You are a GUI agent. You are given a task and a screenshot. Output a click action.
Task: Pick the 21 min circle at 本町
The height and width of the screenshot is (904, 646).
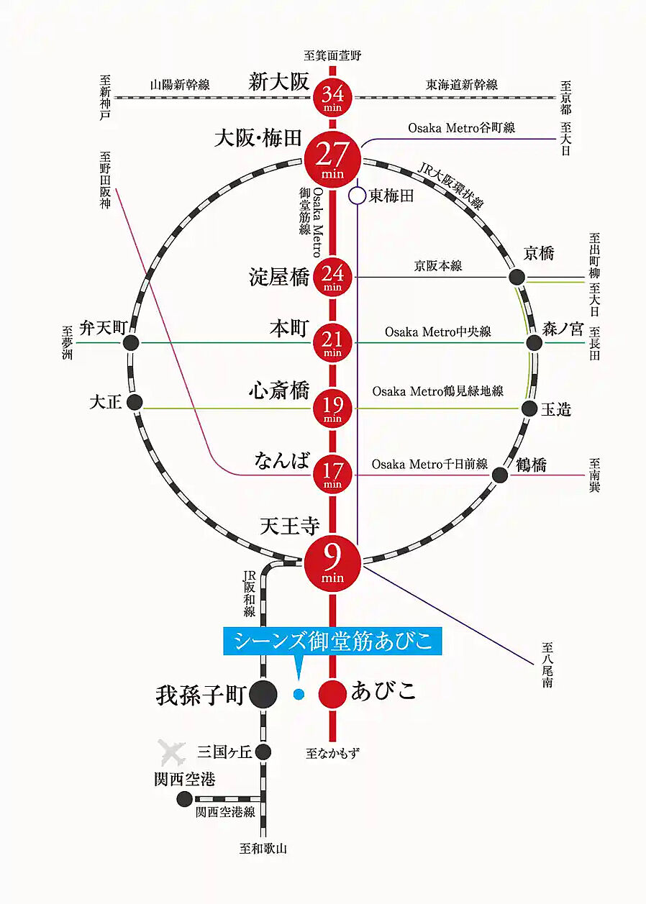point(332,343)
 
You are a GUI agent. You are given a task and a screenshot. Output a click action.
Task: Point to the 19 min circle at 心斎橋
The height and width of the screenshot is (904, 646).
point(332,408)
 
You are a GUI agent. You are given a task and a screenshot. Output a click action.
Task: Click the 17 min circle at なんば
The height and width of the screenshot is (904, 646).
point(332,474)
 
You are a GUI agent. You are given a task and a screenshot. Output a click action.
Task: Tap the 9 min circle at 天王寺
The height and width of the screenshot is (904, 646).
point(332,565)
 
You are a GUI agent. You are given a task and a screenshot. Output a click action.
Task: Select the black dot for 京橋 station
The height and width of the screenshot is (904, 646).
point(517,277)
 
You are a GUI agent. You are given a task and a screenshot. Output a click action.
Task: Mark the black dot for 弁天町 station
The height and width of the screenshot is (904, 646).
point(131,343)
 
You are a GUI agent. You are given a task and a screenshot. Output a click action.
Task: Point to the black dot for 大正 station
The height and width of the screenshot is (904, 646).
point(134,402)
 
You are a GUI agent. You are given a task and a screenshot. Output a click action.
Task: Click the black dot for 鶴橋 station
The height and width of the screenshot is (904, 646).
point(500,474)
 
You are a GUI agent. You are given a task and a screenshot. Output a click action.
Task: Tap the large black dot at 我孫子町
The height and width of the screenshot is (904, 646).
point(263,694)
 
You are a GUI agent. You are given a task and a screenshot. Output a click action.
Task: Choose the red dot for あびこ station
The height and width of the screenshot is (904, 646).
point(332,694)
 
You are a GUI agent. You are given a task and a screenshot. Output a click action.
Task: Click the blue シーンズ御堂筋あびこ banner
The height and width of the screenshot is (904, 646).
point(332,641)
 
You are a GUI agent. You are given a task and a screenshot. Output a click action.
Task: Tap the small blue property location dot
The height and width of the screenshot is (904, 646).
point(299,694)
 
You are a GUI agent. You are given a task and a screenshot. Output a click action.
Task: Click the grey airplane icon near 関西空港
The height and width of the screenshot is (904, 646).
point(172,753)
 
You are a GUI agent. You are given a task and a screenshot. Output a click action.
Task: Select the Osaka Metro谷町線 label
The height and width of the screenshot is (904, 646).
point(461,128)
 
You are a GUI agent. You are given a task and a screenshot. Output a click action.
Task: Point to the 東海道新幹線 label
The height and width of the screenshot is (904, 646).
point(461,85)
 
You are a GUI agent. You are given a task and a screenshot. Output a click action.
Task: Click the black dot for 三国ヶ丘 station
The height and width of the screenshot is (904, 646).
point(263,752)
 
